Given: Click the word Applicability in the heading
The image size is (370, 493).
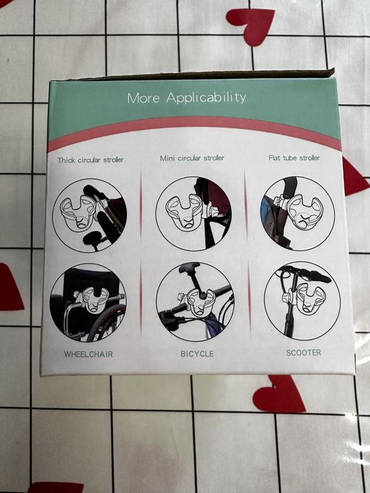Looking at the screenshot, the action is coord(206,98).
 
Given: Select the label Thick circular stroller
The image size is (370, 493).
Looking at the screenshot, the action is coord(91,160).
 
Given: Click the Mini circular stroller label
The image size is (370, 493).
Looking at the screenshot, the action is coord(192,158).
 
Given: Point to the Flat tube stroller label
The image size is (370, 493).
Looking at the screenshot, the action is coord(294,158).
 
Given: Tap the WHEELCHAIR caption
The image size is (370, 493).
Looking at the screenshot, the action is coord(88,354).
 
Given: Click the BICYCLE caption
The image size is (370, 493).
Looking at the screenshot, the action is coord(197,354).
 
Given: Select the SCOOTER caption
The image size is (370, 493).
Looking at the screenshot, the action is coord(304,352).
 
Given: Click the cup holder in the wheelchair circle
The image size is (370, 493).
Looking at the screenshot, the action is coord(93,299).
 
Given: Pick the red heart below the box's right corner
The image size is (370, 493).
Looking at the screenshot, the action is coord(279,394).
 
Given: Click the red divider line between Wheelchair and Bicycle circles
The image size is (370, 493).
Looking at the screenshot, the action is coord(141,299).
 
